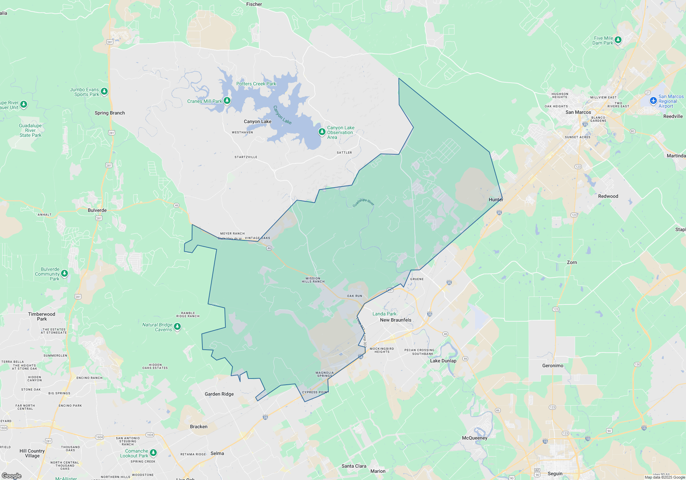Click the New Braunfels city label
coord(395,320)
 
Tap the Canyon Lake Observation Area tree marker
coord(322,132)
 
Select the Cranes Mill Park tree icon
coord(227,100)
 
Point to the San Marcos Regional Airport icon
coord(653,101)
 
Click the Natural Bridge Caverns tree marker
coord(177,326)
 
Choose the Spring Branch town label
coord(110,113)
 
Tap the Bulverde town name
coord(97,210)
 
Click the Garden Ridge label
coord(219,394)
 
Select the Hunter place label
coord(496,200)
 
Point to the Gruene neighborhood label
coord(417,279)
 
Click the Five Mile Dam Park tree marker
coord(618,40)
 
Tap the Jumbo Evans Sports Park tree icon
coord(104,91)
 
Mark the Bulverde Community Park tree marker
coord(64,273)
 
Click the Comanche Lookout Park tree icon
coord(153,453)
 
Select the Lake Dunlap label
coord(443,361)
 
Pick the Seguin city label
coord(555,473)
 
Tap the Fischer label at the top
coord(254,4)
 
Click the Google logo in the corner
coord(11,476)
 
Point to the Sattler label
coord(344,153)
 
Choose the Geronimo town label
coord(553,365)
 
